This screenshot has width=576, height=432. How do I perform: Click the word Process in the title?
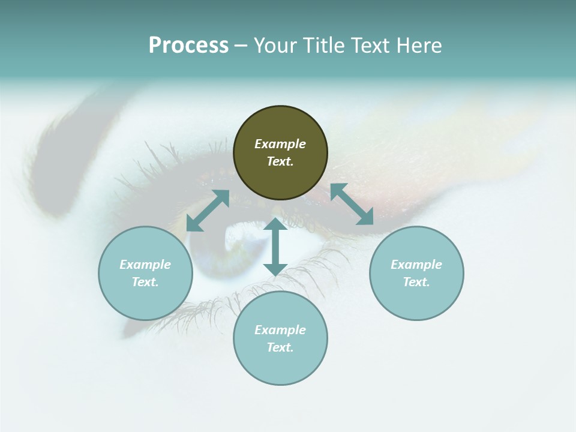(x=188, y=46)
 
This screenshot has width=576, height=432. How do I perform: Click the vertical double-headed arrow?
(x=275, y=247)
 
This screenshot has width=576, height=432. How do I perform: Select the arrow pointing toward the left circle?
(x=208, y=211)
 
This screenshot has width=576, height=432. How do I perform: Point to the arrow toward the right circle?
(x=352, y=204)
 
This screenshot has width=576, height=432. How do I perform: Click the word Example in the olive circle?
(x=280, y=144)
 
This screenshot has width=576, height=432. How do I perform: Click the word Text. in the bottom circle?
(x=280, y=347)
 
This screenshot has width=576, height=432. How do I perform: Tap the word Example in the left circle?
(x=145, y=265)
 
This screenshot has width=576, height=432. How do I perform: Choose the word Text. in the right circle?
(x=416, y=282)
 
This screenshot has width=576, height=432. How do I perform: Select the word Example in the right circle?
(x=416, y=265)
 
